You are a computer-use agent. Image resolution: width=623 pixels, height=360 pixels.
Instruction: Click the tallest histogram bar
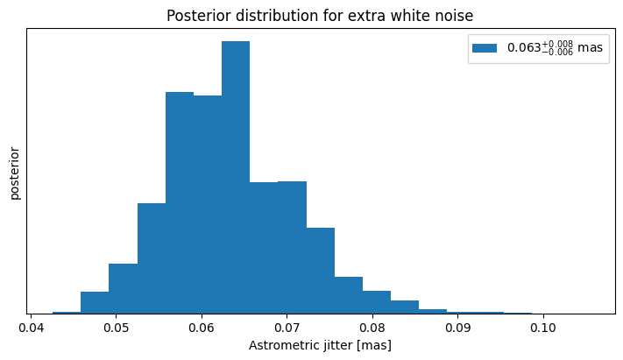[x=236, y=177]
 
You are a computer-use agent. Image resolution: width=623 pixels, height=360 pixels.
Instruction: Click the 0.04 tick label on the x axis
[x=31, y=328]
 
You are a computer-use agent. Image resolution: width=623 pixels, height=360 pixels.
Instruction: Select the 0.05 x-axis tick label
[x=116, y=328]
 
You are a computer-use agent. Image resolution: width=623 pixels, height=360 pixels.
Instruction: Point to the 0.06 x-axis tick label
[x=202, y=328]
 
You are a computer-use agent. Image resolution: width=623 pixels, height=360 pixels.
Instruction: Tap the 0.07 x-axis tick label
[x=287, y=328]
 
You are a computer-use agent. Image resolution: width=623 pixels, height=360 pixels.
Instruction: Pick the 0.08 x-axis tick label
[x=372, y=328]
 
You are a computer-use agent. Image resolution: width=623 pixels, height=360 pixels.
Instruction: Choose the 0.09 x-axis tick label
[x=457, y=328]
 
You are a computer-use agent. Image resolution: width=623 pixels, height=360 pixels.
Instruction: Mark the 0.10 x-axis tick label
[x=543, y=328]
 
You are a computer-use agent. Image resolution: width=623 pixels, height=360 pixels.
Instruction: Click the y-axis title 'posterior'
[x=15, y=173]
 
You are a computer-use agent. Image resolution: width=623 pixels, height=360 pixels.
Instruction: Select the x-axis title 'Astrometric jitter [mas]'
[x=320, y=345]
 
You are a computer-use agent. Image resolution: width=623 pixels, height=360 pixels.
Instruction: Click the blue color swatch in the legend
[x=485, y=48]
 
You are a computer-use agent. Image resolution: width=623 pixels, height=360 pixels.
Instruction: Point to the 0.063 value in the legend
[x=524, y=47]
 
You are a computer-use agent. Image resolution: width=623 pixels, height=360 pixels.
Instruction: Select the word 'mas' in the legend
[x=590, y=47]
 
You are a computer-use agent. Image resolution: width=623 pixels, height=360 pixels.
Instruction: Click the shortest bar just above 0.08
[x=377, y=302]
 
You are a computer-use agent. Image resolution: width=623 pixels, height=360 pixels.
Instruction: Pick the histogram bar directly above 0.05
[x=124, y=288]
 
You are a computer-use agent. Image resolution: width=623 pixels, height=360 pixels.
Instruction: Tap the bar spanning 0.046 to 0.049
[x=95, y=303]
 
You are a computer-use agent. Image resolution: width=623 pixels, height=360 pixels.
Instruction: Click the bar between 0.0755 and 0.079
[x=349, y=295]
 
